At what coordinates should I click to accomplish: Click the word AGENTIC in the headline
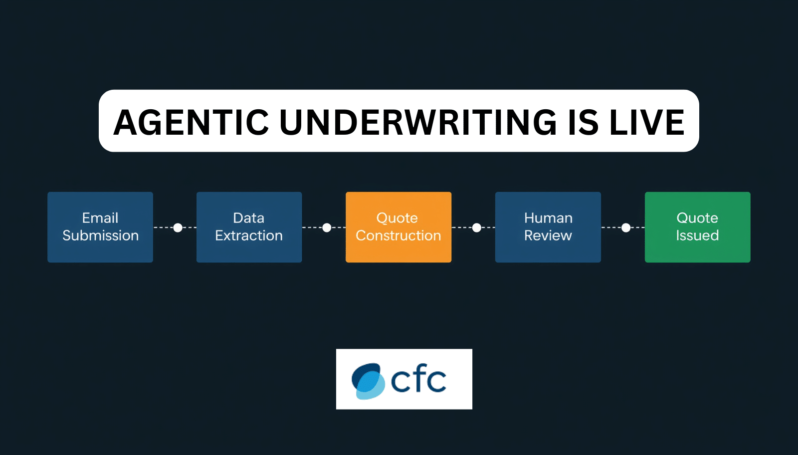[191, 122]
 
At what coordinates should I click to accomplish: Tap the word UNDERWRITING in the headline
[418, 122]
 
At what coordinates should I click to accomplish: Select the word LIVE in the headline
[647, 122]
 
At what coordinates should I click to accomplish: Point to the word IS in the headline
[583, 122]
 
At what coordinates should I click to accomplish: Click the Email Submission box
[100, 227]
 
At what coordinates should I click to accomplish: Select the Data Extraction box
[249, 227]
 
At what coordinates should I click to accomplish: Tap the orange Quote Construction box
[399, 227]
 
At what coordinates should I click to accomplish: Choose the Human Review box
[548, 227]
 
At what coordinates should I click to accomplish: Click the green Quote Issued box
[698, 227]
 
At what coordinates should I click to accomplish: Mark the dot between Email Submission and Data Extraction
[178, 227]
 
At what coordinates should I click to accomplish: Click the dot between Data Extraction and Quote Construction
[327, 227]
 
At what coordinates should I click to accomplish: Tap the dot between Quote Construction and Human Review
[477, 227]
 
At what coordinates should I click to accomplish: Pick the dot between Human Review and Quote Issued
[626, 227]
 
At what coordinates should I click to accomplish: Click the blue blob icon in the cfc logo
[368, 381]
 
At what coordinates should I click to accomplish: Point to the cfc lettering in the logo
[418, 379]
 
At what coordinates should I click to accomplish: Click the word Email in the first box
[100, 218]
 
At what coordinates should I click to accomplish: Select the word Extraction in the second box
[249, 235]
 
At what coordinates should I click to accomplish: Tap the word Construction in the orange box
[399, 235]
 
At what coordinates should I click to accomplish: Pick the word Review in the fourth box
[548, 235]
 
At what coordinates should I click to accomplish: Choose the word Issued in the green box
[698, 235]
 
